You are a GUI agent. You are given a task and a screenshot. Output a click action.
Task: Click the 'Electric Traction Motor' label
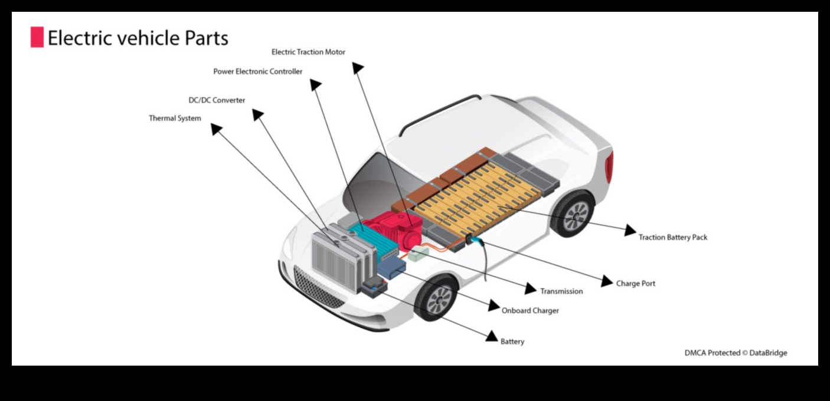[x=308, y=52]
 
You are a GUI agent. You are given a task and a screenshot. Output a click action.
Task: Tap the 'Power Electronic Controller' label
[x=258, y=71]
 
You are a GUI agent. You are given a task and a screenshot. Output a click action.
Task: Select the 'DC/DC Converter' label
[x=217, y=100]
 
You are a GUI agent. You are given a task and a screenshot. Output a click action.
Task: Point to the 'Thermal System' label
[x=175, y=119]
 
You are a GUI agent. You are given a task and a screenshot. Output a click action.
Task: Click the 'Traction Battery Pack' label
[x=672, y=237]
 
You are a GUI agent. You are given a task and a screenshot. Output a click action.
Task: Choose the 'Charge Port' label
[x=635, y=284]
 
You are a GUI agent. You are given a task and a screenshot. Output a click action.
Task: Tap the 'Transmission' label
[x=561, y=291]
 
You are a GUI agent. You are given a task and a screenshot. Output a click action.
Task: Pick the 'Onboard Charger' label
[x=530, y=310]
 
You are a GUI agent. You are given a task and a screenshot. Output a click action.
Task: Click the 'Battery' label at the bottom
[x=512, y=341]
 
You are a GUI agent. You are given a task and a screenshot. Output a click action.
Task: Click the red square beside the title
[x=37, y=37]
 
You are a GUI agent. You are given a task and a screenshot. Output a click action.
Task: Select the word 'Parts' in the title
[x=206, y=38]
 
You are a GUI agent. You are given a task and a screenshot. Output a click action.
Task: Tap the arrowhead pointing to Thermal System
[x=217, y=128]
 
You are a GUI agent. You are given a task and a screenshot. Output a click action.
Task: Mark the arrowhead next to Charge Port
[x=607, y=281]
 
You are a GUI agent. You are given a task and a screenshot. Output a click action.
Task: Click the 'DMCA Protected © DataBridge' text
[x=736, y=353]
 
